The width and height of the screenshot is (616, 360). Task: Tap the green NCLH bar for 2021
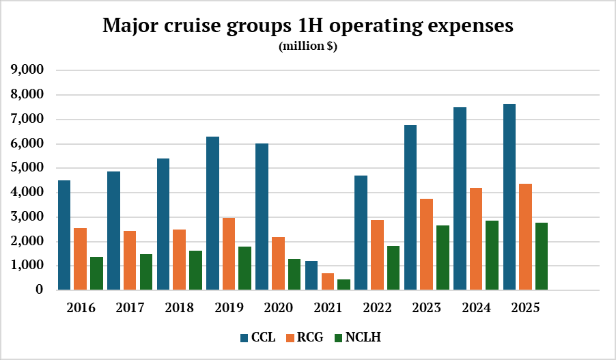pyautogui.click(x=344, y=284)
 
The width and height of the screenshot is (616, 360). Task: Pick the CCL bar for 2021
pyautogui.click(x=311, y=275)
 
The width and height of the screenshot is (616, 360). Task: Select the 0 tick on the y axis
pyautogui.click(x=40, y=290)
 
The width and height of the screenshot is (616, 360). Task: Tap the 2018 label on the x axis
pyautogui.click(x=179, y=307)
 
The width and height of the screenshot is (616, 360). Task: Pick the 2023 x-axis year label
pyautogui.click(x=426, y=307)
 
